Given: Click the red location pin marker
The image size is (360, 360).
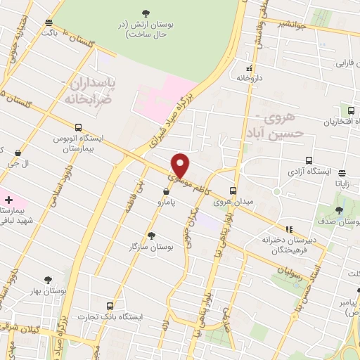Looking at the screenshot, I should click(x=181, y=165).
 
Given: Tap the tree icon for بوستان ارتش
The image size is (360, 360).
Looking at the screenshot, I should click(x=146, y=13).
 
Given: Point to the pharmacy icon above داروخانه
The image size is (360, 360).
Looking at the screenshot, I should click(x=249, y=69).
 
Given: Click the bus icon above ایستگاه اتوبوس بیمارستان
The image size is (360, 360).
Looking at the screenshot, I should click(x=77, y=128).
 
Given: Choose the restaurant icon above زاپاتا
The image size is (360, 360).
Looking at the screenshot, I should click(x=342, y=172).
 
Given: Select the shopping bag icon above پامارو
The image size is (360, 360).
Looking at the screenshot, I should click(x=166, y=191).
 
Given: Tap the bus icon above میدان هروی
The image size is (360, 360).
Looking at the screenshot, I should click(x=233, y=190).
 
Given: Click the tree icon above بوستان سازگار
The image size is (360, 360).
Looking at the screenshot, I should click(x=151, y=236).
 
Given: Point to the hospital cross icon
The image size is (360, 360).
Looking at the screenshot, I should click(x=8, y=200).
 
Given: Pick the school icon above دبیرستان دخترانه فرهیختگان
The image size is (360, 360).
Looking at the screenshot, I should click(x=288, y=229).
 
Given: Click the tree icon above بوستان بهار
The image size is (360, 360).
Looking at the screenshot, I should click(x=48, y=279).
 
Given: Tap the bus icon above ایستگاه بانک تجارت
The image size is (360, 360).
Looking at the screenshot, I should click(x=110, y=306).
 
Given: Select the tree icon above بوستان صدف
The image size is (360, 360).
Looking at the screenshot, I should click(x=340, y=210).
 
